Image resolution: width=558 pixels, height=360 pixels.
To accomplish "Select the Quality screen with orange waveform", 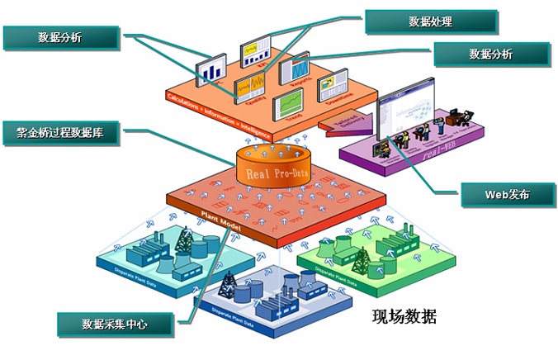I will (253, 86).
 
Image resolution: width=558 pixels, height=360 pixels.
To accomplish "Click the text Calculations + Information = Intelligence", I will (211, 113).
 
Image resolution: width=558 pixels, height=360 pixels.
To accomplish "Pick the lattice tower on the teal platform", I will (182, 239).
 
